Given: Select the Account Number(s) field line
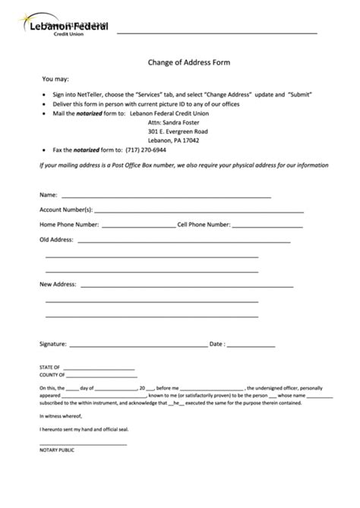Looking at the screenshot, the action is point(199,211).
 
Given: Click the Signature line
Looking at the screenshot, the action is point(137,345).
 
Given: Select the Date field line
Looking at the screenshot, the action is point(251,345).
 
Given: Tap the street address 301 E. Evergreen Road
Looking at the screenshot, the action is point(178,131).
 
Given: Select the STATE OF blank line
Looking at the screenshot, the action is point(99,368).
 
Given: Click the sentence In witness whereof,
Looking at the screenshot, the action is point(61,416).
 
